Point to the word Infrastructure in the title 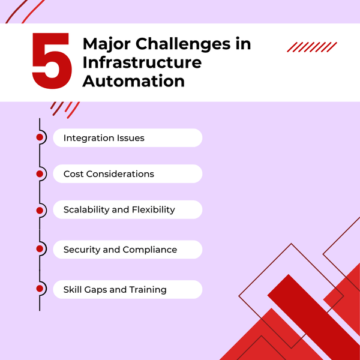pos(142,62)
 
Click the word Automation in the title pos(133,80)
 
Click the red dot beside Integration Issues pos(40,137)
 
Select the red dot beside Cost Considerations pos(40,174)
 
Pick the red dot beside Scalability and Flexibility pos(40,210)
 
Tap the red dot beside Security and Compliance pos(40,248)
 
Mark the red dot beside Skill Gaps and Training pos(40,289)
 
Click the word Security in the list pos(82,250)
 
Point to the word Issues pos(130,138)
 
